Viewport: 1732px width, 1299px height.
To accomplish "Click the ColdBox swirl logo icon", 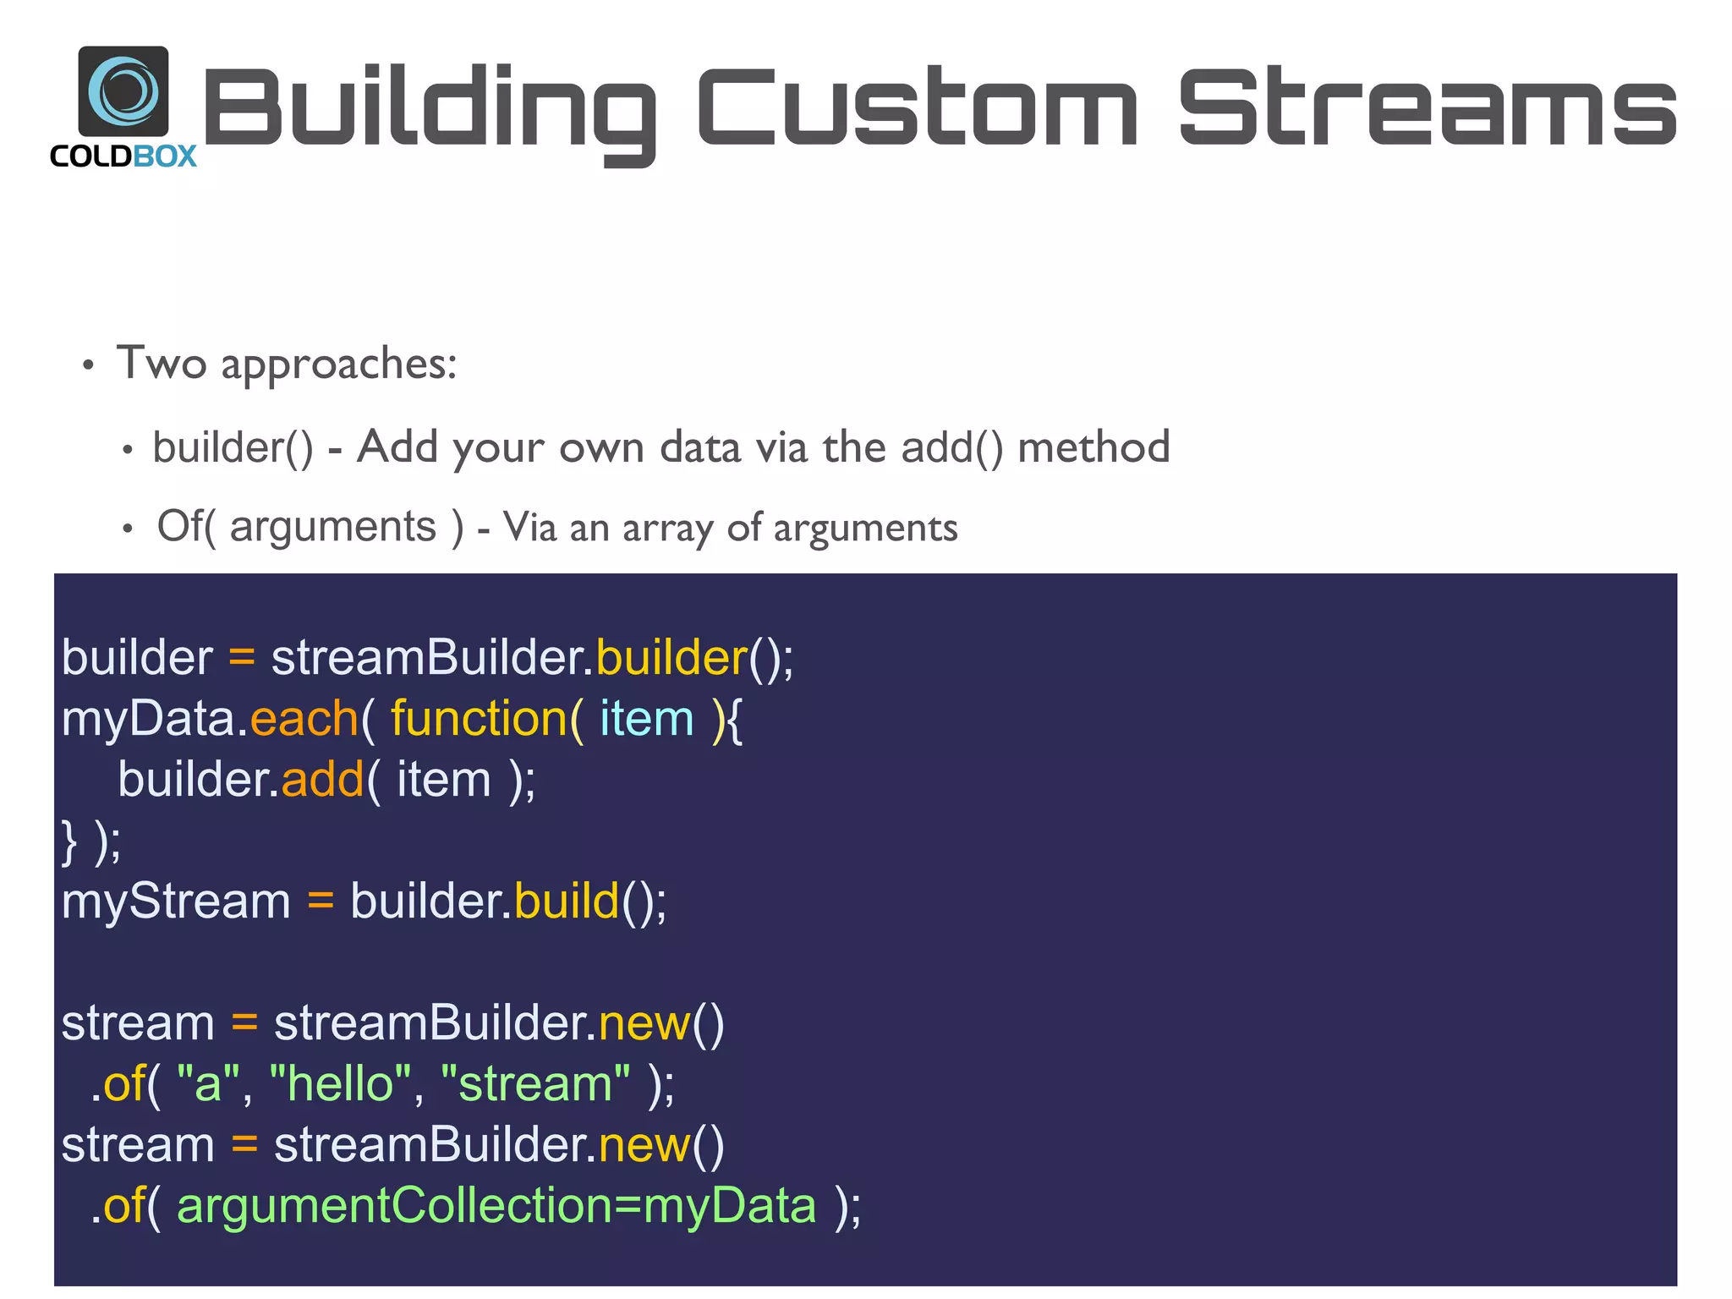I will pos(123,90).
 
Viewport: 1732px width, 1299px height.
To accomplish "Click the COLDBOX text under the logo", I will pos(123,156).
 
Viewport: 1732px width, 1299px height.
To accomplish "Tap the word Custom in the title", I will pos(917,107).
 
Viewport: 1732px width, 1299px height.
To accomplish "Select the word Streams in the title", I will pos(1427,107).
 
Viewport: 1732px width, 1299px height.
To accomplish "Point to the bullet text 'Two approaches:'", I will pos(287,364).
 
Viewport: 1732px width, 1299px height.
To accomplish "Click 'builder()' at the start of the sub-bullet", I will pos(233,447).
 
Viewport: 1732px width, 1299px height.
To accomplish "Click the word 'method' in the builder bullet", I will pos(1093,447).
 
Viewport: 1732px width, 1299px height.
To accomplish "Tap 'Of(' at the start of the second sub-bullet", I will pos(186,526).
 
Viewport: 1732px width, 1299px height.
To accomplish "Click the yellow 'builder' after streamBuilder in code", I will pos(671,658).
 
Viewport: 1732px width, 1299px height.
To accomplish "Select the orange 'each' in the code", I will pos(304,719).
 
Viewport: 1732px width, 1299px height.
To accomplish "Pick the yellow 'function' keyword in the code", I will pos(479,719).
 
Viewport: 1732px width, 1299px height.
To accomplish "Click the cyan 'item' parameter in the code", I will pos(646,719).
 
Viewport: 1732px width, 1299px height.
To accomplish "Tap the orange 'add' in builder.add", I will pos(322,780).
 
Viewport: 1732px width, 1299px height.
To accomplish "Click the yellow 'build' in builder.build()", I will pos(567,902).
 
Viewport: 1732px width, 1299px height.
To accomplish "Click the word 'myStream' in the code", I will pos(176,902).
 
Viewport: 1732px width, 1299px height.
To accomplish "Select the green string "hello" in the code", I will pos(341,1084).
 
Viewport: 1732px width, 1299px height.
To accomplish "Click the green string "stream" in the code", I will pos(535,1084).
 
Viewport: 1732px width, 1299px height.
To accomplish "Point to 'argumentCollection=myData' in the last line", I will pos(496,1206).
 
